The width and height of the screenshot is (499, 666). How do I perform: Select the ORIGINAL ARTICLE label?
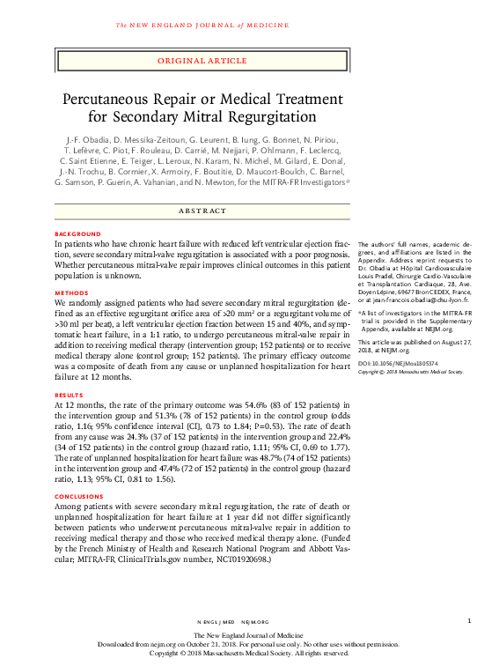[202, 61]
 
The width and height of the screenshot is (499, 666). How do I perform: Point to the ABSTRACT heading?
[202, 211]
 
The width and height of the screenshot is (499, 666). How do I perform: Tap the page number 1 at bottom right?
[469, 621]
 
